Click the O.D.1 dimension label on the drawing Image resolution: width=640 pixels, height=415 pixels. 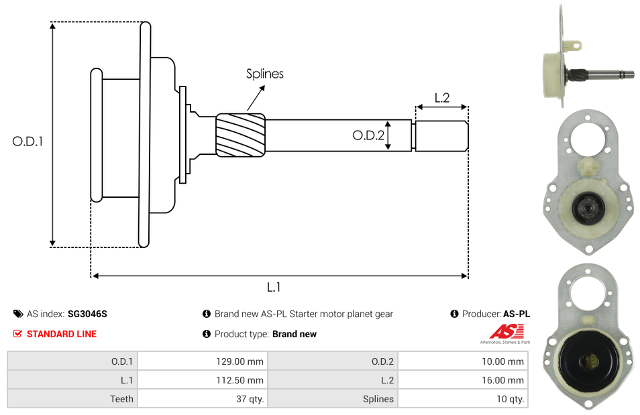(x=28, y=141)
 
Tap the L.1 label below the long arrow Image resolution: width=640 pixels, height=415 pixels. (x=274, y=287)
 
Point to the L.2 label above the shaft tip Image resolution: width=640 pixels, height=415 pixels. (x=442, y=97)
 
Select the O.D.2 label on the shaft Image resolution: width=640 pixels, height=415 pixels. (x=368, y=136)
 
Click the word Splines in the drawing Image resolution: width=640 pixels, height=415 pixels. (x=264, y=74)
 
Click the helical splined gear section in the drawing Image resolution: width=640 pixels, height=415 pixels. (x=240, y=135)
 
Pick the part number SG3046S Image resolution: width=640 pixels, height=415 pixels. (x=87, y=314)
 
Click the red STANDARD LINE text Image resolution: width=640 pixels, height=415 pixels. (x=62, y=334)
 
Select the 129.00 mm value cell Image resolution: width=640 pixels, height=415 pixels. (x=202, y=361)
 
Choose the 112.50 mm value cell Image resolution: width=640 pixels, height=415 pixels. (x=202, y=380)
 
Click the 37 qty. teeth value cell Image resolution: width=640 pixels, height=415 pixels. (x=202, y=399)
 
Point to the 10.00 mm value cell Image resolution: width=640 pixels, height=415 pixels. (x=462, y=361)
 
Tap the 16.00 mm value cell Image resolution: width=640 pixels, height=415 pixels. (x=462, y=380)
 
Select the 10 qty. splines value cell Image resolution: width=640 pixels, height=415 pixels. (x=462, y=399)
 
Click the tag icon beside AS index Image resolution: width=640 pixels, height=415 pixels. (x=17, y=314)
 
